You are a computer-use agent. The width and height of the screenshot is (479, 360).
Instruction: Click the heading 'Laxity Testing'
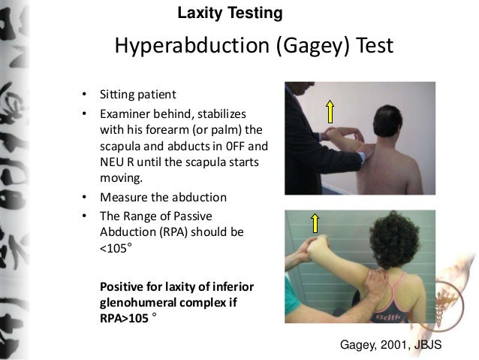[x=230, y=13]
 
